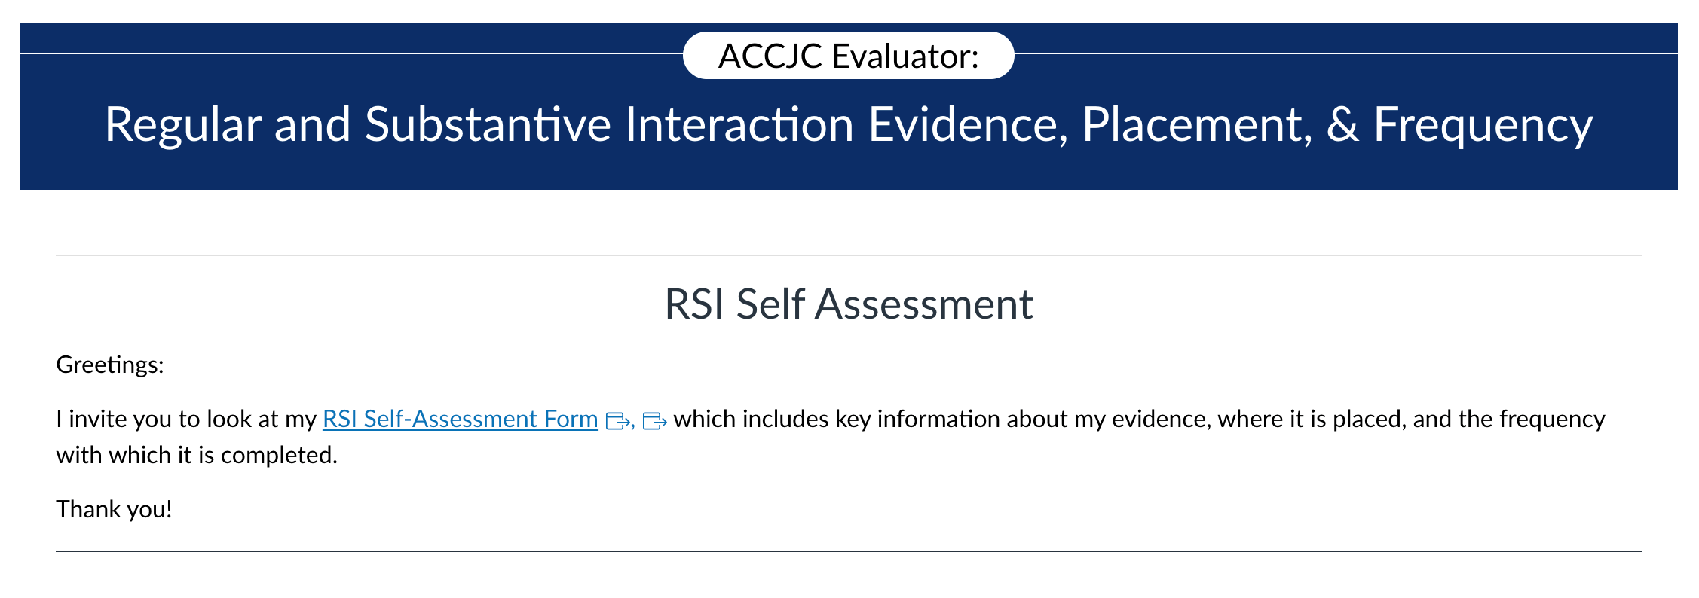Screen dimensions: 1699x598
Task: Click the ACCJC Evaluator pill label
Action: coord(848,56)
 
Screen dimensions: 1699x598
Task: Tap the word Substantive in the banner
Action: coord(488,124)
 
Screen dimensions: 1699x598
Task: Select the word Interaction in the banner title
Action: coord(739,124)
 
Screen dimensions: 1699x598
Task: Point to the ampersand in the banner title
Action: coord(1342,124)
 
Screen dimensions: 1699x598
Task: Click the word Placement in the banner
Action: coord(1197,124)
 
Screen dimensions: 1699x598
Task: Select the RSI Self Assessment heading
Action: coord(849,304)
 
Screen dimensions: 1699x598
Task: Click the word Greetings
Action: coord(110,365)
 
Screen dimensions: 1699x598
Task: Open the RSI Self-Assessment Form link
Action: coord(461,419)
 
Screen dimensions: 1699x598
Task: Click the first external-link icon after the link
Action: coord(618,421)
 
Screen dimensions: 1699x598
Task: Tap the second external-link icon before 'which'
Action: coord(655,421)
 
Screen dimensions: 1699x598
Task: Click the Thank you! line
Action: coord(115,510)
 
